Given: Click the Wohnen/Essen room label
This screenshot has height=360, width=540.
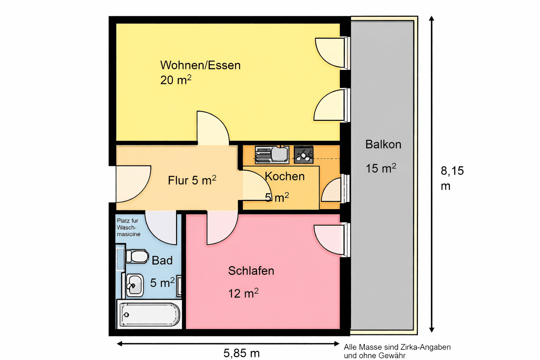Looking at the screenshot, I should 200,65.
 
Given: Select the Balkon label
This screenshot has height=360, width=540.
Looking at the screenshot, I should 383,144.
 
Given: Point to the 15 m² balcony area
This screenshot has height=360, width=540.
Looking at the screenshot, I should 381,168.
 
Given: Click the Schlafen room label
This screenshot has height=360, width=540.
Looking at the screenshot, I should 251,271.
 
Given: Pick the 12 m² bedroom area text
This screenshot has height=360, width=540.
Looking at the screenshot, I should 243,293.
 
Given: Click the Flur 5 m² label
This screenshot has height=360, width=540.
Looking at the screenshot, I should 192,180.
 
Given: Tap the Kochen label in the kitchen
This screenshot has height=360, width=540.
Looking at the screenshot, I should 285,176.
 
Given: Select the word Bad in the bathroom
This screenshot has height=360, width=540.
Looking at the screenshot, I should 162,261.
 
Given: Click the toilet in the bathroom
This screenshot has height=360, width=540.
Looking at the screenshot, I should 137,257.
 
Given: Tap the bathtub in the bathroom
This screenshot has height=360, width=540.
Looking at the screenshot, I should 149,314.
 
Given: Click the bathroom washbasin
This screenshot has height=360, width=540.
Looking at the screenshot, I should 134,285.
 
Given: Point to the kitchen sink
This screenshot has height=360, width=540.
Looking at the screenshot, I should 272,155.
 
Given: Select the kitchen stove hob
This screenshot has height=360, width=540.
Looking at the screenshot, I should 303,155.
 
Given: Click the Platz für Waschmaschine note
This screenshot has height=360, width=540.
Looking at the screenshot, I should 128,227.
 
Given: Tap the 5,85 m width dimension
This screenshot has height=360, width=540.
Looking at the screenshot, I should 242,353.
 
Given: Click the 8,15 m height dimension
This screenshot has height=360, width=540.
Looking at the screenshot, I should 452,178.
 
